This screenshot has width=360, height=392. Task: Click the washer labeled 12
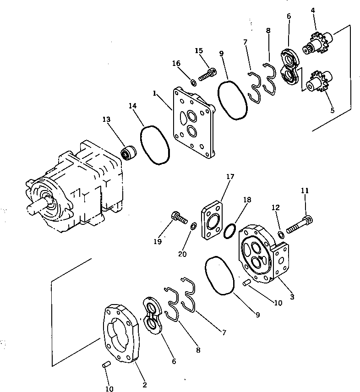coord(281,235)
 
